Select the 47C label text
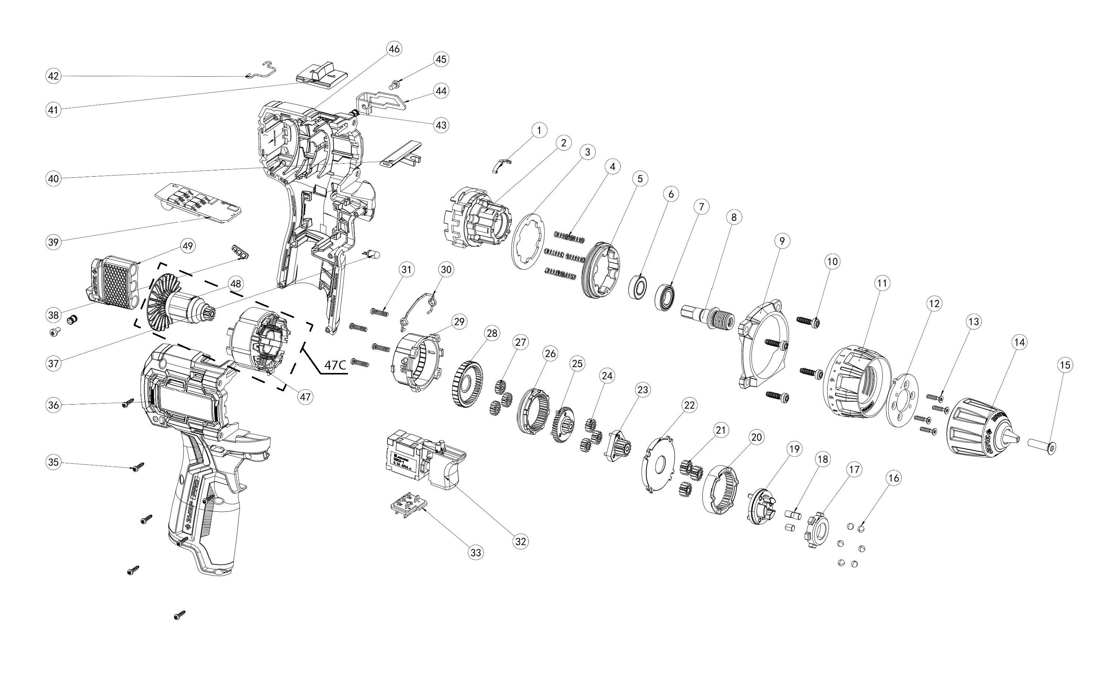[x=335, y=366]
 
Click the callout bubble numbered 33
[x=476, y=553]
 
